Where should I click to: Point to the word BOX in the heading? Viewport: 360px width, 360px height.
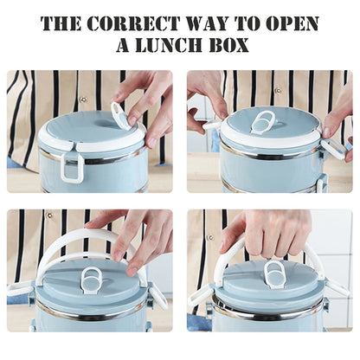[228, 44]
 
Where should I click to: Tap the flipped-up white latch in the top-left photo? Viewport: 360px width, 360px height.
[119, 115]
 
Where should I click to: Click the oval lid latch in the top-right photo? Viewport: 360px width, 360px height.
[263, 121]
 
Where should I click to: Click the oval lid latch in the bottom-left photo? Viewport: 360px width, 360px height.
[91, 280]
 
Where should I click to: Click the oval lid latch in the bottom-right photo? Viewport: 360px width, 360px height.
[274, 274]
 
